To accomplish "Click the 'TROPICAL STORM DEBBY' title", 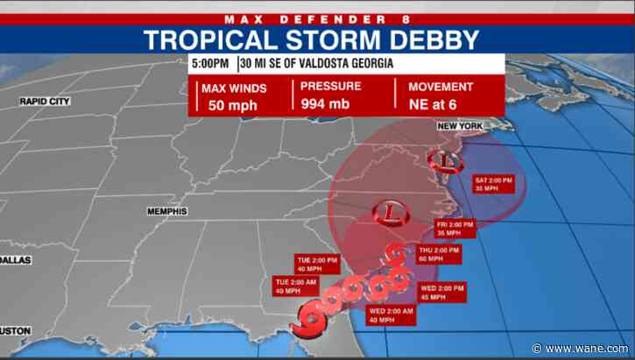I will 312,39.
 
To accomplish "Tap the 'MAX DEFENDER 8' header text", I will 317,18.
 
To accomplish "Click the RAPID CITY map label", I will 44,102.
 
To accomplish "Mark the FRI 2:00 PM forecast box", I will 455,229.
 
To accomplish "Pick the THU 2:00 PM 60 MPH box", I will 439,255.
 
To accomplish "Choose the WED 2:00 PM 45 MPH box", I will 441,293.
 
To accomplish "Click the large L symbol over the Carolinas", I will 388,212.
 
